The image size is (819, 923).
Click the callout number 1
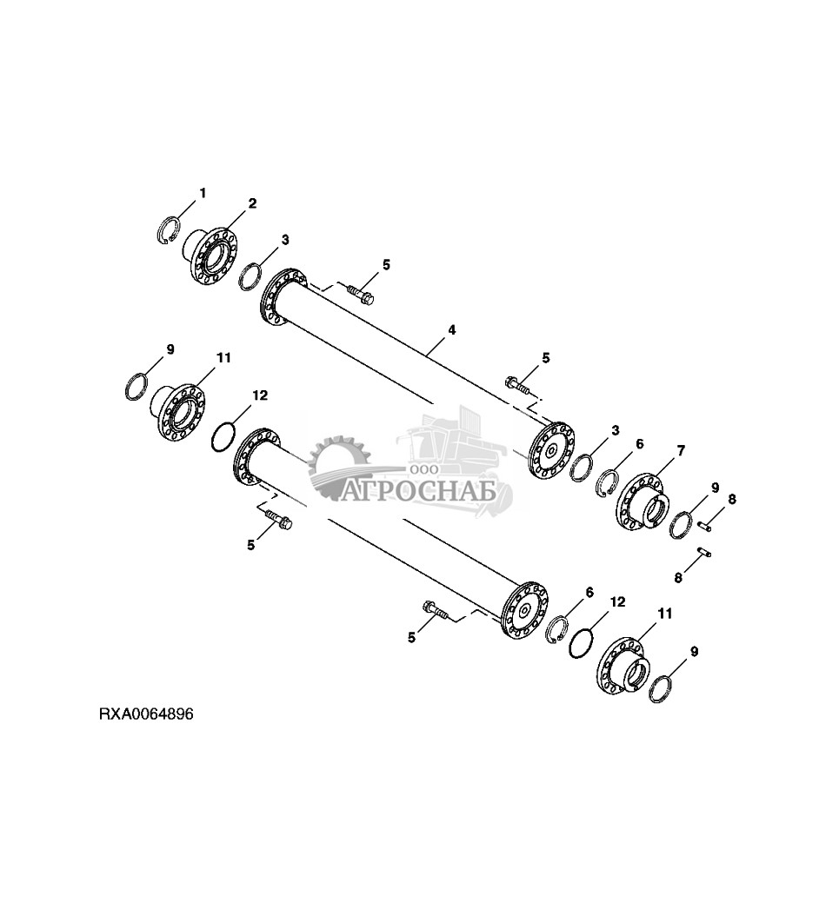203,192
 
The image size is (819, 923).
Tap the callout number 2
252,203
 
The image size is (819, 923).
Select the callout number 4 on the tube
452,330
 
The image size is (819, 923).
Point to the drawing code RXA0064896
145,714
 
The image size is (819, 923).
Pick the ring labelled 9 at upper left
136,385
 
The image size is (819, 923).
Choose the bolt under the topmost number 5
361,295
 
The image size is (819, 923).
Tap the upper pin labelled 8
705,523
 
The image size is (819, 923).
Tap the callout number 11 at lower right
665,614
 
